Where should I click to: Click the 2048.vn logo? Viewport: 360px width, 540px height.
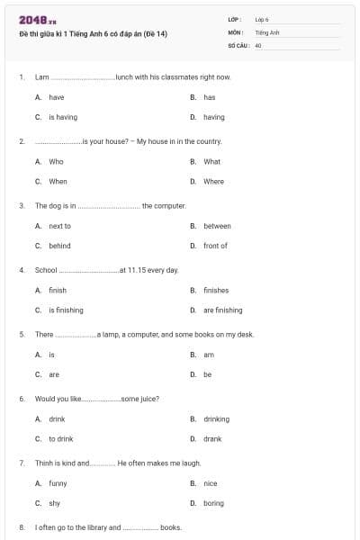(x=31, y=20)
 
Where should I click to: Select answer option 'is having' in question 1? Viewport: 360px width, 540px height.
(x=62, y=117)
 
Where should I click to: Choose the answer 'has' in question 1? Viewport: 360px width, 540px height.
(x=209, y=97)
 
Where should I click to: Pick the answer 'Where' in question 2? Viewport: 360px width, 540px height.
(x=213, y=181)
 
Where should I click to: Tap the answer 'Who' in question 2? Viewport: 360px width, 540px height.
(x=56, y=162)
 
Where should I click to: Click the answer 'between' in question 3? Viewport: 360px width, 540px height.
(x=217, y=226)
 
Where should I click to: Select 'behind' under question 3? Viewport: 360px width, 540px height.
(x=59, y=246)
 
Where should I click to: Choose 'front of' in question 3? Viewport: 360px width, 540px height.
(x=215, y=246)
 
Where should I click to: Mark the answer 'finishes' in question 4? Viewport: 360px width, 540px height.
(x=216, y=291)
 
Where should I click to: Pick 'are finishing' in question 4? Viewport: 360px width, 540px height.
(x=222, y=310)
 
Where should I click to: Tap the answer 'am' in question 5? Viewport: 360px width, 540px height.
(x=209, y=355)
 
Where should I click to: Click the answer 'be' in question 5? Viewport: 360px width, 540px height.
(x=207, y=374)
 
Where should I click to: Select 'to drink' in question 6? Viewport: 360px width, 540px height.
(x=60, y=439)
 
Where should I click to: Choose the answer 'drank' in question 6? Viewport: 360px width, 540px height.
(x=212, y=439)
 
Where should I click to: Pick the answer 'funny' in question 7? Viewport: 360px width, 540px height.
(x=58, y=483)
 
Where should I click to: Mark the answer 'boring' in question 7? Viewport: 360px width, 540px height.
(x=213, y=503)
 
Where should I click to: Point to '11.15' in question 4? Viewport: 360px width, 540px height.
(x=138, y=270)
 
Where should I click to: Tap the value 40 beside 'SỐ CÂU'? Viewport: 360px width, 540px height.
(x=258, y=44)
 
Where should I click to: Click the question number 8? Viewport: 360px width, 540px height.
(x=22, y=527)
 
